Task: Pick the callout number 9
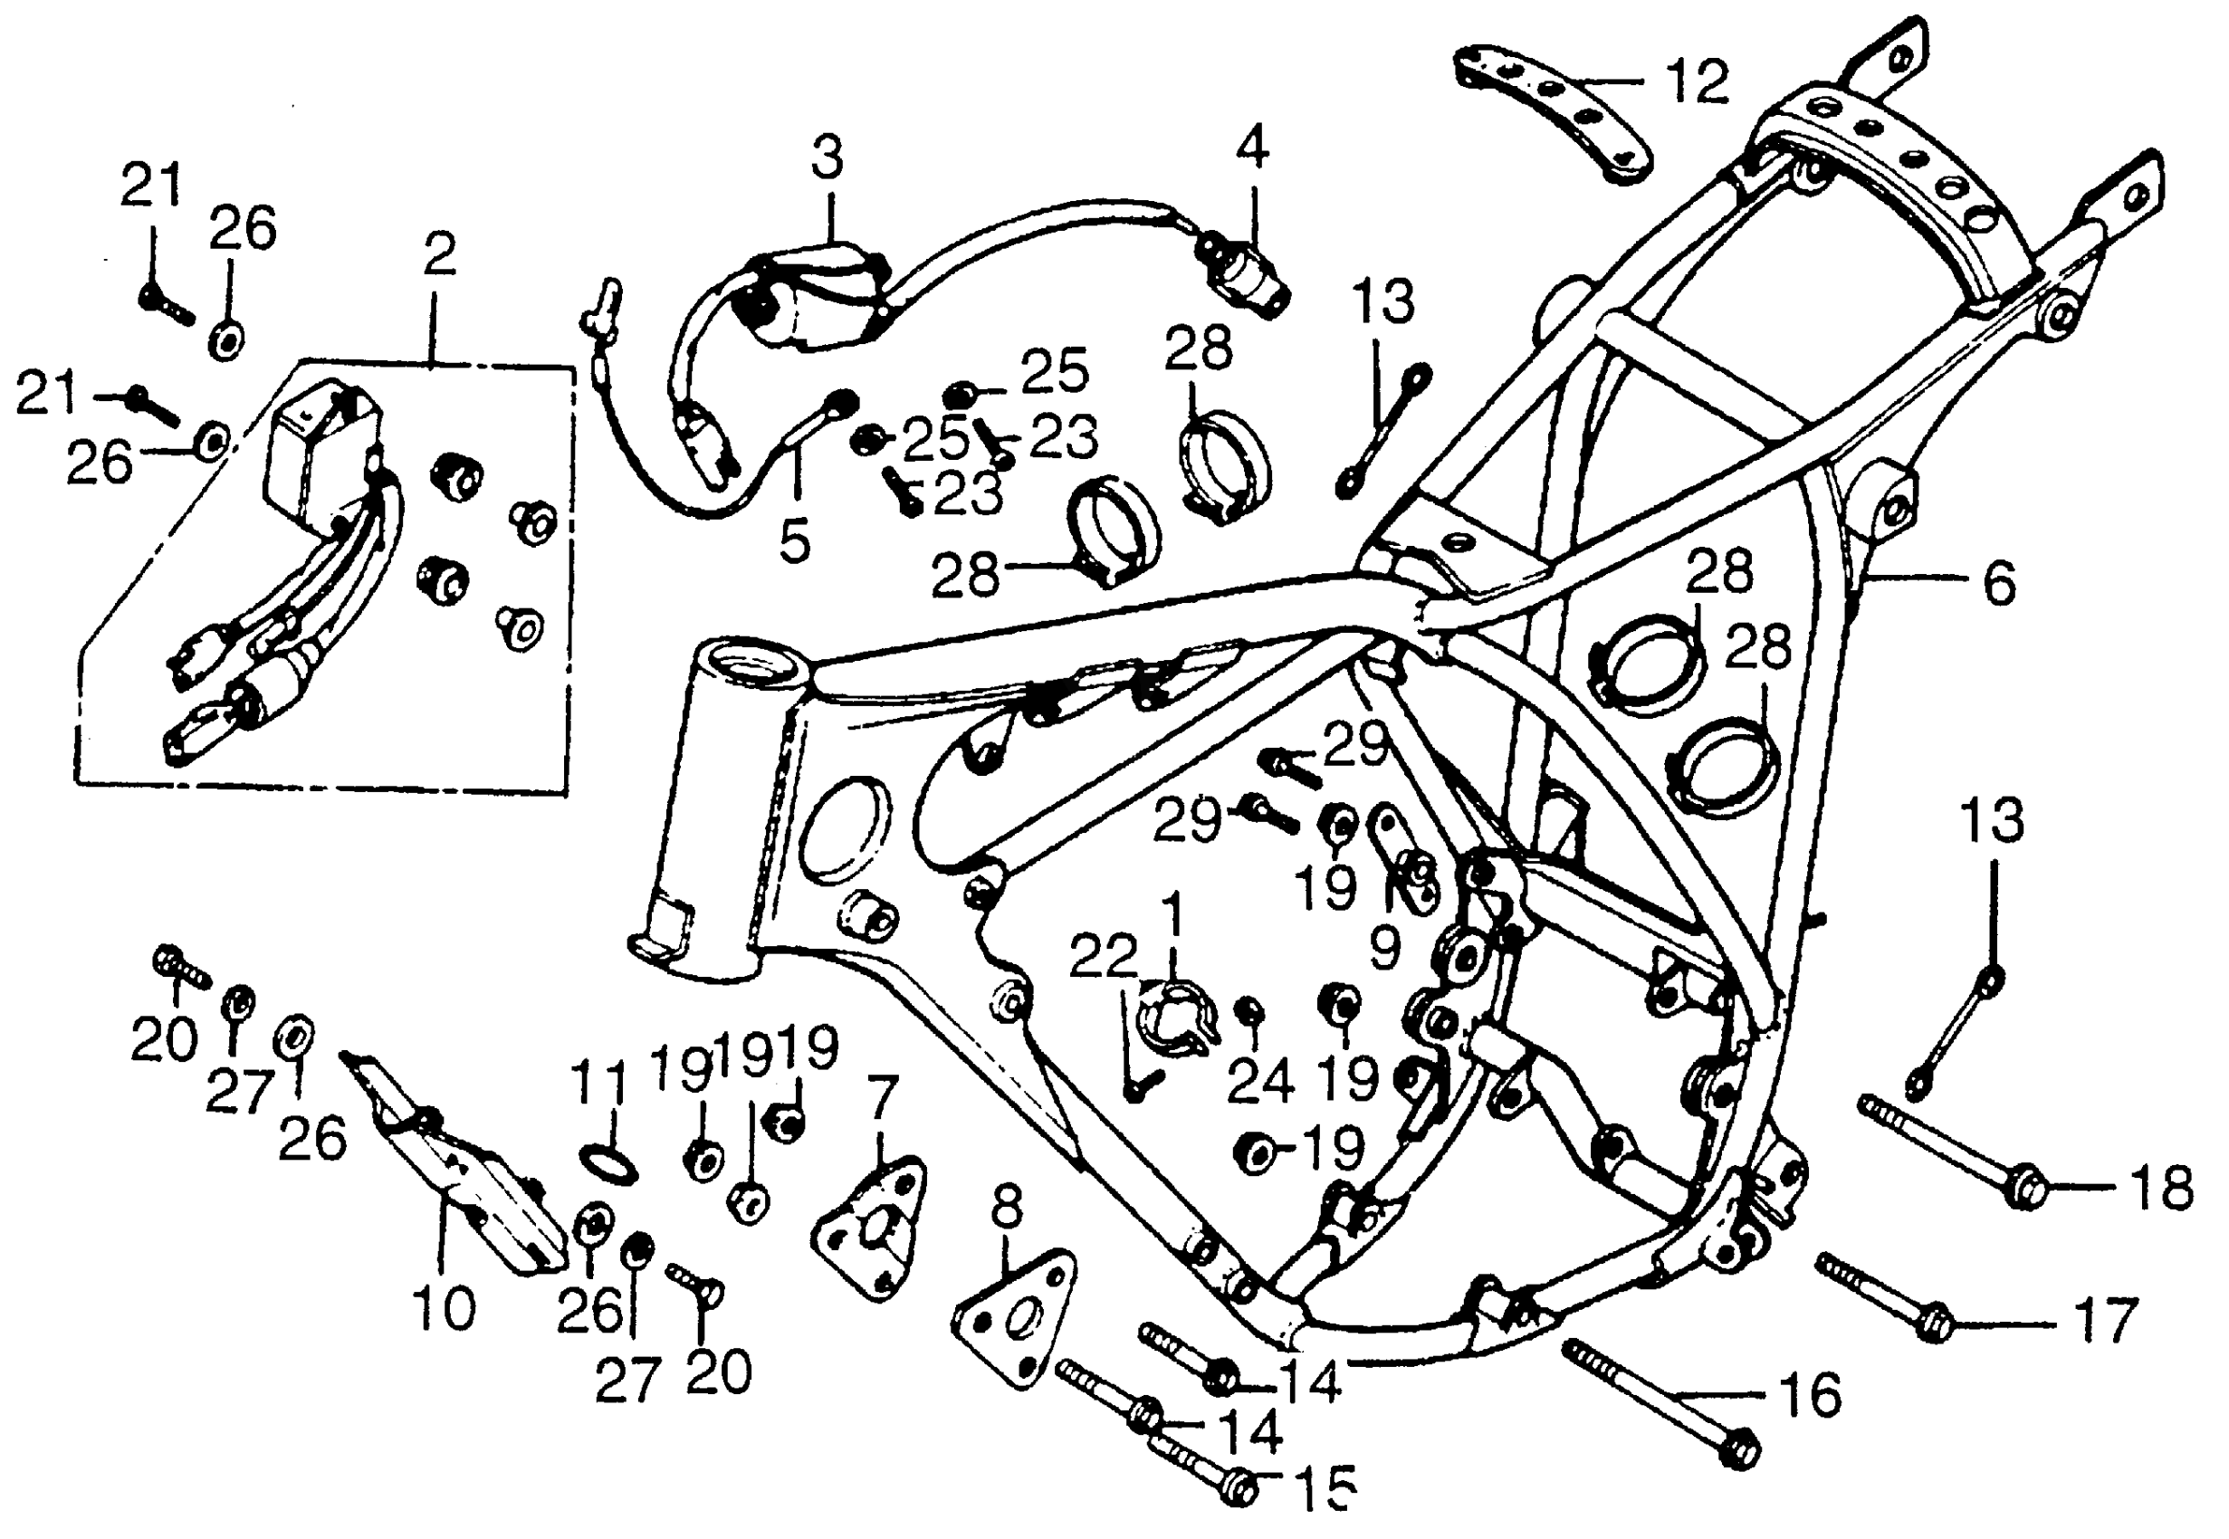pos(1384,947)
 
